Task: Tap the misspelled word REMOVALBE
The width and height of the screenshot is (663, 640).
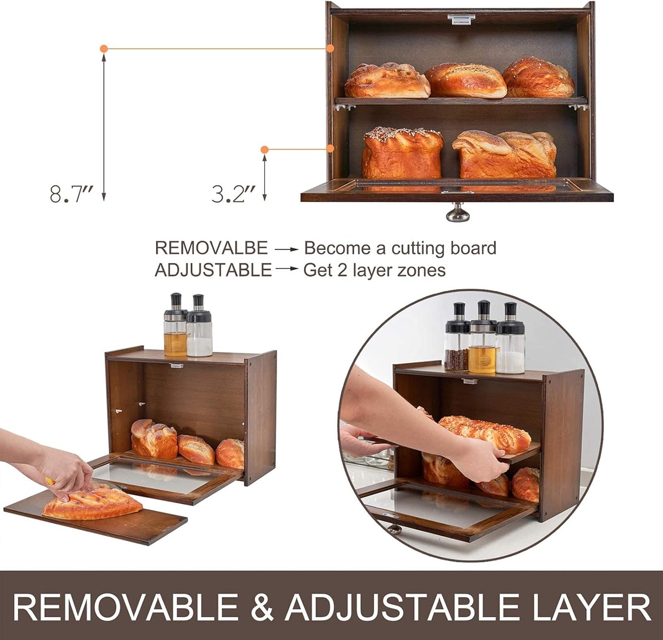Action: (211, 248)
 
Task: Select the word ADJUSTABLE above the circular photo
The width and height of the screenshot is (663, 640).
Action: (213, 270)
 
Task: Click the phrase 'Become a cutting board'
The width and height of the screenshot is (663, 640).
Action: (400, 248)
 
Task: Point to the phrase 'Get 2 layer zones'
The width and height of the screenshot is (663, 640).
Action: (374, 270)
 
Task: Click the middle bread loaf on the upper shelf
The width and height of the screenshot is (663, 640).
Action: (465, 81)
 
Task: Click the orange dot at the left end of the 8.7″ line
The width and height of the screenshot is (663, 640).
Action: (104, 48)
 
